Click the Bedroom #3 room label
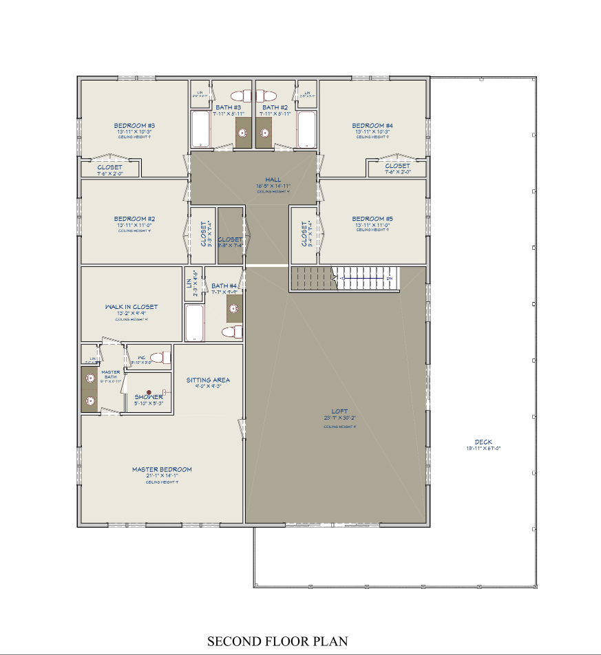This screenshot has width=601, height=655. click(x=134, y=125)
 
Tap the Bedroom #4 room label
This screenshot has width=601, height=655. click(x=372, y=125)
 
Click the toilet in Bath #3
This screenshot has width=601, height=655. click(x=241, y=95)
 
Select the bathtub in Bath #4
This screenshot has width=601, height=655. click(x=195, y=323)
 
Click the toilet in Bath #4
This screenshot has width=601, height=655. click(x=232, y=332)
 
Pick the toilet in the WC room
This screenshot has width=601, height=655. click(x=159, y=357)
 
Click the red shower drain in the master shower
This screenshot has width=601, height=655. click(x=148, y=391)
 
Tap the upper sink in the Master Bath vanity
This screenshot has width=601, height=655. click(x=89, y=377)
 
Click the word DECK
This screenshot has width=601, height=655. click(x=483, y=442)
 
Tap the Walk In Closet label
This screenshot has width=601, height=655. click(x=131, y=307)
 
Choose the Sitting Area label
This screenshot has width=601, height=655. click(x=208, y=380)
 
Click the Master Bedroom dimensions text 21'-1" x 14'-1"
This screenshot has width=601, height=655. click(x=162, y=476)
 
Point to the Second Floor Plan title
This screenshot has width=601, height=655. click(x=277, y=641)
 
